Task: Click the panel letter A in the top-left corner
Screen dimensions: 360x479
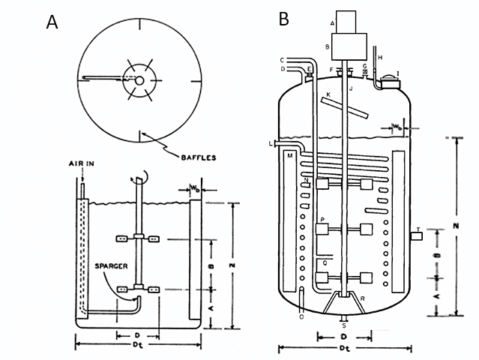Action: (52, 22)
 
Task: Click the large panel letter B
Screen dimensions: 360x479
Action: (284, 19)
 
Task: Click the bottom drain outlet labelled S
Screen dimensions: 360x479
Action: (344, 323)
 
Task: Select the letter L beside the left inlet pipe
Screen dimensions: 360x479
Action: (268, 142)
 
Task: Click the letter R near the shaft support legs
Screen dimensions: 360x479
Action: (363, 299)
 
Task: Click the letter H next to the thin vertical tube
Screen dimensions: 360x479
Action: (379, 57)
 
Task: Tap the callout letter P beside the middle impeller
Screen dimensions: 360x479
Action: (322, 220)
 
